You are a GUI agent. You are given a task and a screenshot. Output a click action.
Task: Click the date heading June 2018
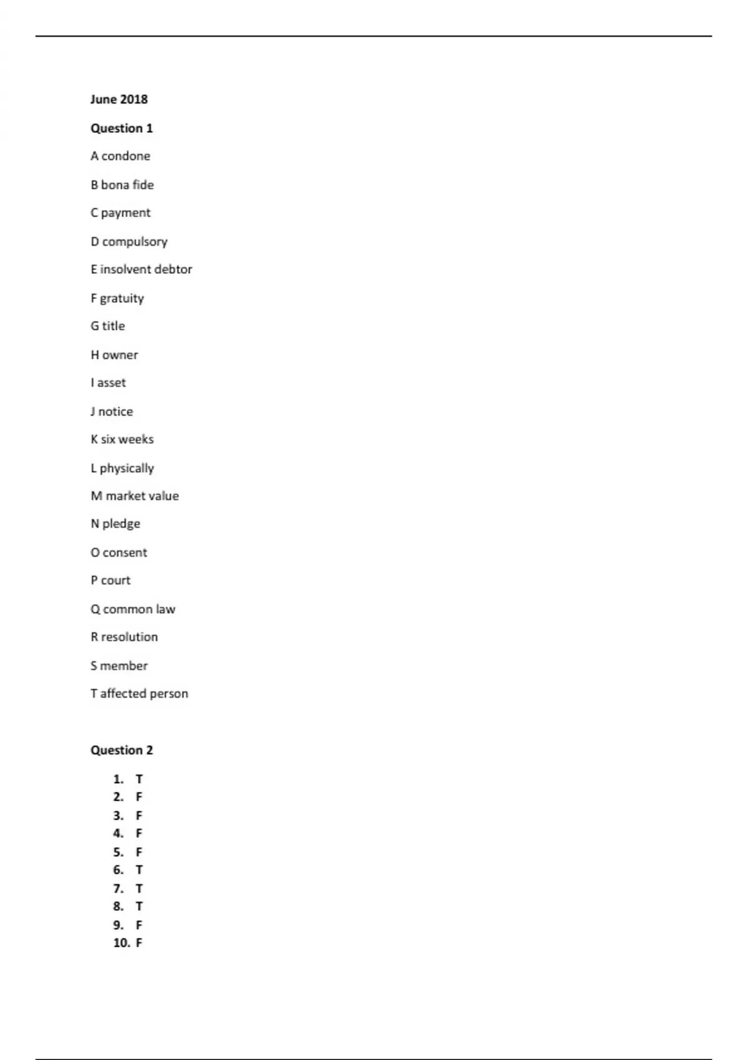coord(119,99)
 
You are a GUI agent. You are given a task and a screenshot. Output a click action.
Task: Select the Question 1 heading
coord(122,128)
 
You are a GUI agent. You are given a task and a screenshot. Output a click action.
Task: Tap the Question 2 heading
coord(122,750)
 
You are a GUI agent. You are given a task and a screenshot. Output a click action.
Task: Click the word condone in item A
coord(126,156)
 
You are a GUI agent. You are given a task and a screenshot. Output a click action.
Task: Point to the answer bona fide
coord(127,185)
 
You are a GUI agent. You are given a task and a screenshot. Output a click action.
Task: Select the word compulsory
coord(135,241)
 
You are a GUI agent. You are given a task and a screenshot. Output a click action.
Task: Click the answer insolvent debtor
coord(146,269)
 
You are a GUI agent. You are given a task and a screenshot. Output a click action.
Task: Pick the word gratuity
coord(122,298)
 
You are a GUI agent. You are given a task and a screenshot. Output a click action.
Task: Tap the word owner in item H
coord(120,355)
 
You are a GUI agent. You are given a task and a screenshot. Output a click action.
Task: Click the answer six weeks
coord(127,439)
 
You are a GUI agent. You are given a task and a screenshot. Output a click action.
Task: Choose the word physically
coord(127,468)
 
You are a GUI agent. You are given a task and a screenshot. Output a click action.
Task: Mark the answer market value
coord(142,496)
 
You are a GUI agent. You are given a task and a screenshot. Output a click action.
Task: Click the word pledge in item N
coord(121,524)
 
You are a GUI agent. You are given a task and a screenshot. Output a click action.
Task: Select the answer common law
coord(139,609)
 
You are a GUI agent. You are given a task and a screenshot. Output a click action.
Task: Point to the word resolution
coord(130,637)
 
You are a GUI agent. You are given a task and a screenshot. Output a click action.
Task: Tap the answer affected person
coord(144,693)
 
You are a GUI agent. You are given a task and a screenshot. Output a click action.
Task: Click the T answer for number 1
coord(139,779)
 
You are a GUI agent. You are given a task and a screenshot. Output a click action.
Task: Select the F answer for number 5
coord(139,852)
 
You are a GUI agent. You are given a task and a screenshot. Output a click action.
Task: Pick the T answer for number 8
coord(139,906)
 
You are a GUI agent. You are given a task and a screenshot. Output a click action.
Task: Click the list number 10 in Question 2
coord(121,943)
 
